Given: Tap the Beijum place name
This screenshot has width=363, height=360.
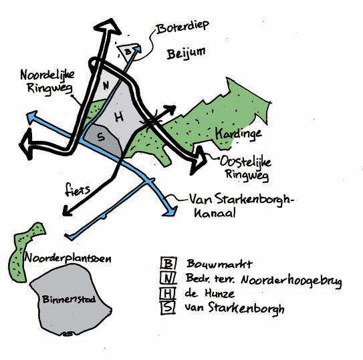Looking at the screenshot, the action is (186, 53).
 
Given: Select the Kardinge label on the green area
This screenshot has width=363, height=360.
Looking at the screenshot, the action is (239, 134).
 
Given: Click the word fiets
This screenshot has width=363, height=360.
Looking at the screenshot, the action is (78, 189).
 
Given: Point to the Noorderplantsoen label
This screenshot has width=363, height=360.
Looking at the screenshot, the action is (68, 258).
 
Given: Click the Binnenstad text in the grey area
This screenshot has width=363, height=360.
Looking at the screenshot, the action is (69, 299).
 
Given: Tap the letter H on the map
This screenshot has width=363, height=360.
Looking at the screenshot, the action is (119, 117).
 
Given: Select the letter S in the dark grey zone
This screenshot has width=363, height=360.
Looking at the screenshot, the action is (101, 137).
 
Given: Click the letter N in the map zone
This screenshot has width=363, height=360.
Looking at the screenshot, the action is (106, 86).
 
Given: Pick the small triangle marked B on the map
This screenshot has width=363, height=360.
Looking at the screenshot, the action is (128, 51).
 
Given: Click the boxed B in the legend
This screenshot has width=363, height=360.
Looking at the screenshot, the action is (168, 263).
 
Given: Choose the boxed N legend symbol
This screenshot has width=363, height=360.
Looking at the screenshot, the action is (168, 278).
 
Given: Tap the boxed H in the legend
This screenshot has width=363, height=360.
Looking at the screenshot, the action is (168, 293).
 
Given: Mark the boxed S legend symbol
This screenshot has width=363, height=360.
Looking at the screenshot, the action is (168, 308).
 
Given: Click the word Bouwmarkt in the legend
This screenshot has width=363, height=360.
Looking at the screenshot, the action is (219, 264).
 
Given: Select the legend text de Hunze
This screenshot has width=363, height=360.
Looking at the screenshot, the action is (210, 293).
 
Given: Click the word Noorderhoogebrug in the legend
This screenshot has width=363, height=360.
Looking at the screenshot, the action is (291, 281).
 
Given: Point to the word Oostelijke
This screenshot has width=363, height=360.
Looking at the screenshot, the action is (245, 161).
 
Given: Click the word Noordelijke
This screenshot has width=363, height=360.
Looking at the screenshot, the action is (47, 75).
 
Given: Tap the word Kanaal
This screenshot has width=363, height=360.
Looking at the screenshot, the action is (215, 212).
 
